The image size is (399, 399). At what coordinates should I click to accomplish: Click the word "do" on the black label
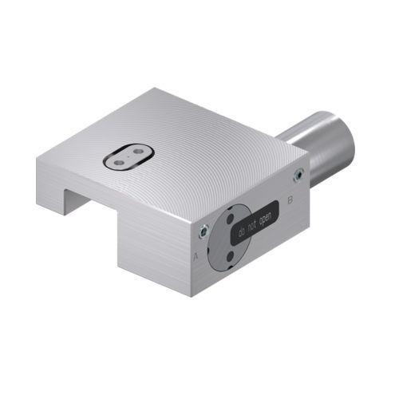point(241,233)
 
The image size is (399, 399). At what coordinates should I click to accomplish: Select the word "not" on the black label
point(254,226)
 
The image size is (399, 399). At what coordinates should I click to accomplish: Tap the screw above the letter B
point(298,174)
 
